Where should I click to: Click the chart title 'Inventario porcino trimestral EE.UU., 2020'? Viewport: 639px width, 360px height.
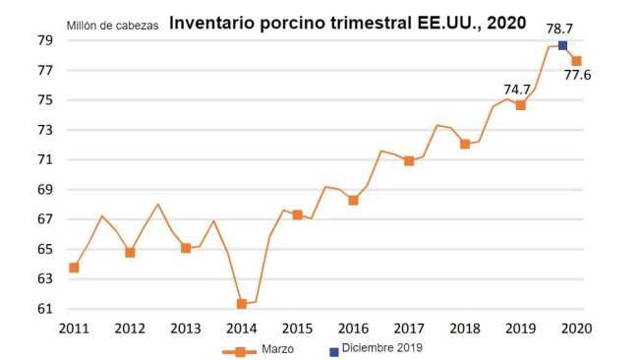coord(347,22)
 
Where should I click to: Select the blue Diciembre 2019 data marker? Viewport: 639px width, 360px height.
coord(562,45)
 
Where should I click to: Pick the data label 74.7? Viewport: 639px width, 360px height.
coord(518,88)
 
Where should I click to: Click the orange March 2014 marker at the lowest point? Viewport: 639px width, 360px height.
coord(242,304)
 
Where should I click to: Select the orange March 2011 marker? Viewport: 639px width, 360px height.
coord(74,268)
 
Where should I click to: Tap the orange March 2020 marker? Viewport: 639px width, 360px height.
coord(576,61)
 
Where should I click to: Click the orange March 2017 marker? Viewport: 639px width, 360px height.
coord(409,161)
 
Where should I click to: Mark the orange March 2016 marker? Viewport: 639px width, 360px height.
coord(353,201)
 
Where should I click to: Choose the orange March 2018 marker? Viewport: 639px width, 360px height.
coord(465,144)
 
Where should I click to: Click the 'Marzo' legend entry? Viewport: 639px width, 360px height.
coord(267,349)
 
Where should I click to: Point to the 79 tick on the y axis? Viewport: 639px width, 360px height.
coord(45,40)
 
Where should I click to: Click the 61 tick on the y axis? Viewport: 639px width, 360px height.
coord(45,309)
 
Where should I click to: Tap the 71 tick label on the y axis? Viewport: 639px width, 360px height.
coord(45,159)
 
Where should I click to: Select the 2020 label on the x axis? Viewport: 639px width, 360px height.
coord(576,328)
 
